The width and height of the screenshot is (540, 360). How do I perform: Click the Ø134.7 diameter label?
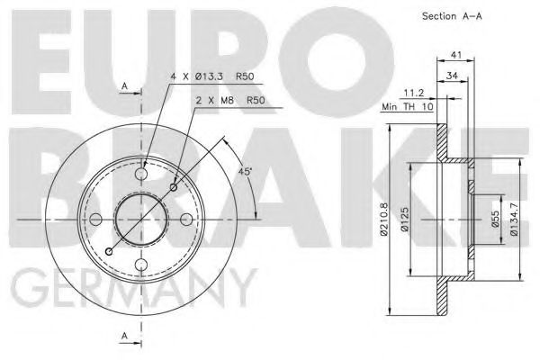click(x=515, y=220)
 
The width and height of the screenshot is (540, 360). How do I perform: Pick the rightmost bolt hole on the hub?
click(x=186, y=220)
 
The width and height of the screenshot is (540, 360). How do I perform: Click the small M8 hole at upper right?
click(x=174, y=188)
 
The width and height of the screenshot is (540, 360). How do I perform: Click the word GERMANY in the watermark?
click(x=132, y=290)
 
